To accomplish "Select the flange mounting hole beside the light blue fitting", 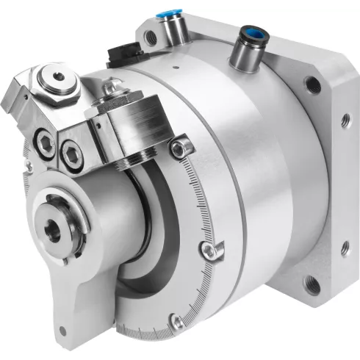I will click(x=151, y=34).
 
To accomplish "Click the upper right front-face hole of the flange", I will click(x=314, y=86).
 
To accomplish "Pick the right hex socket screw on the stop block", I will click(x=71, y=152).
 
